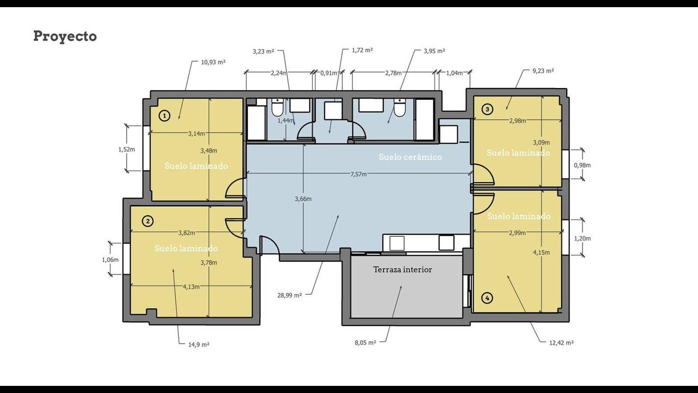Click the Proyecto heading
click(65, 36)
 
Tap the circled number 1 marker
click(165, 116)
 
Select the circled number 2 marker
click(148, 221)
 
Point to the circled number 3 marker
click(487, 109)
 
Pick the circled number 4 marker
click(487, 298)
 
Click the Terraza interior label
click(403, 270)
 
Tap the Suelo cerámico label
click(410, 157)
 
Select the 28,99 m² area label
click(290, 295)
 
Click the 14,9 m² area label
click(199, 344)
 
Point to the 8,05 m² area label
click(365, 342)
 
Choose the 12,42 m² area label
click(562, 343)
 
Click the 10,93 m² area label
click(213, 62)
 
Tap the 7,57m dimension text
click(359, 174)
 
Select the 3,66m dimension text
click(303, 199)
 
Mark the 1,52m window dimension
click(127, 149)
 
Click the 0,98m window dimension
click(583, 165)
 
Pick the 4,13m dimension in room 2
click(191, 287)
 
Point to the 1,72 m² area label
click(362, 50)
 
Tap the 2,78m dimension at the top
click(393, 73)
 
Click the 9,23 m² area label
click(543, 71)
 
